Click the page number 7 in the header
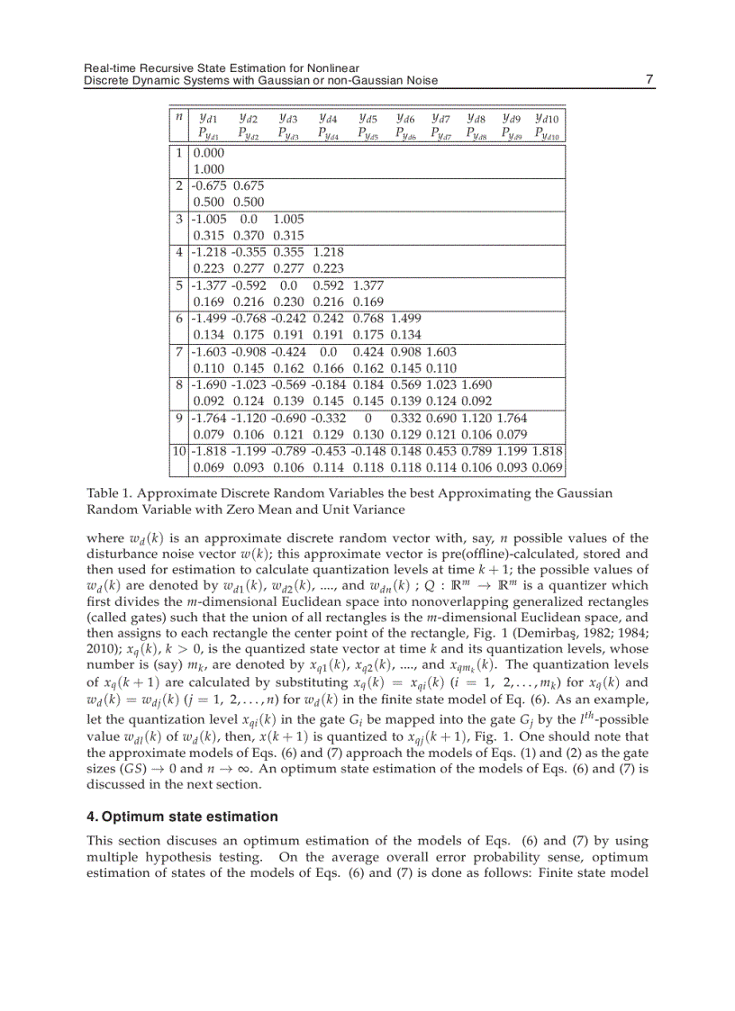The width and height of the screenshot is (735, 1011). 649,80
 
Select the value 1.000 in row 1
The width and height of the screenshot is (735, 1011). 209,168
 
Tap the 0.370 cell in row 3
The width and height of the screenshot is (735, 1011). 249,235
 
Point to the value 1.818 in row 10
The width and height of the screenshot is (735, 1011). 547,451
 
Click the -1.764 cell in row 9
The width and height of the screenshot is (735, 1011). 209,418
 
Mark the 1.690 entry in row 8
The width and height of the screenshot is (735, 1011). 476,384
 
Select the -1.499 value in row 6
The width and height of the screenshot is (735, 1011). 209,318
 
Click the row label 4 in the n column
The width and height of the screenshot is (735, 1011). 179,251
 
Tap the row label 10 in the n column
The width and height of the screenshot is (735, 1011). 179,451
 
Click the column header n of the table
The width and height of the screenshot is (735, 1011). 179,117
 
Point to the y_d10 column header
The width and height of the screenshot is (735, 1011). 546,118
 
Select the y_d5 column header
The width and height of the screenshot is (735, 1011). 367,118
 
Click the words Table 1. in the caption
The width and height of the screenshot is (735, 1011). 111,493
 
